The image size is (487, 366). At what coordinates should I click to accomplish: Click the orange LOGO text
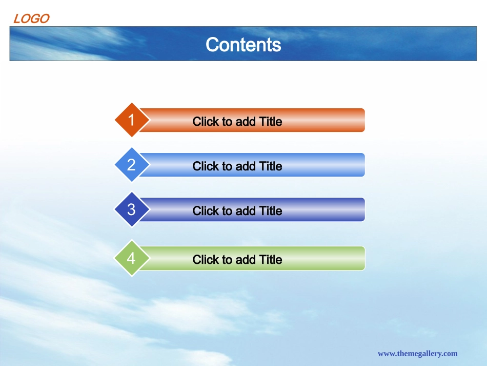31,18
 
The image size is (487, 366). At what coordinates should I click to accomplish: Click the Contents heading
243,45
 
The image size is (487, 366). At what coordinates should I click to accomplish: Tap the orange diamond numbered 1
132,120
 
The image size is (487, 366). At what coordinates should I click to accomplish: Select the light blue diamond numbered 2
132,164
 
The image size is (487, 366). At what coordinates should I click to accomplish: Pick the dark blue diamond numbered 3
132,209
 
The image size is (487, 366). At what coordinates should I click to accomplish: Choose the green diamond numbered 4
132,258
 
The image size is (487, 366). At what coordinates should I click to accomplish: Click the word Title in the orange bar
271,122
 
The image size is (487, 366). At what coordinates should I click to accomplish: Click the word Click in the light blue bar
206,166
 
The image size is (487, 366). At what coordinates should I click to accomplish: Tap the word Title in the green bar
271,260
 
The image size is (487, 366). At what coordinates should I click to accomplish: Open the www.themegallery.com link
417,354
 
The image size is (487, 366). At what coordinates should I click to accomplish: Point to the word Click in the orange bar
206,122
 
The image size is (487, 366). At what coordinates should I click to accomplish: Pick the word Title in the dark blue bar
271,211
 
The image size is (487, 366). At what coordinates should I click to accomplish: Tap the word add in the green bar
246,260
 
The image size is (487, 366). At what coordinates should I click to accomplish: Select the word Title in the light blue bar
271,166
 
